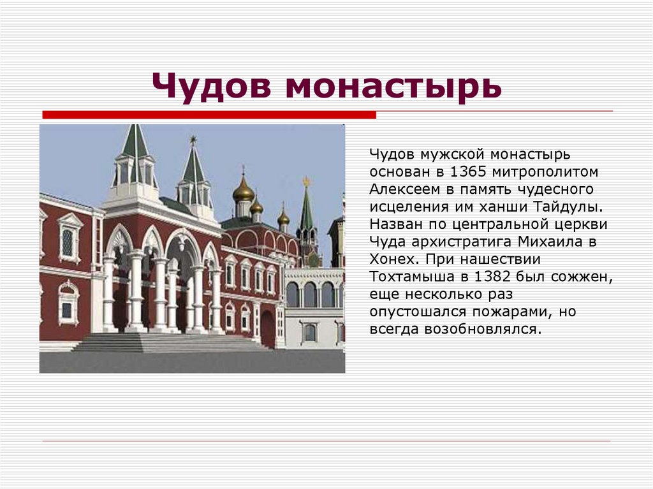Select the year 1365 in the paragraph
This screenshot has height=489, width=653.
468,172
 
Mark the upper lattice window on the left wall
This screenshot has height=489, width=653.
68,242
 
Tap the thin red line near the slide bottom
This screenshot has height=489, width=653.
326,441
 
